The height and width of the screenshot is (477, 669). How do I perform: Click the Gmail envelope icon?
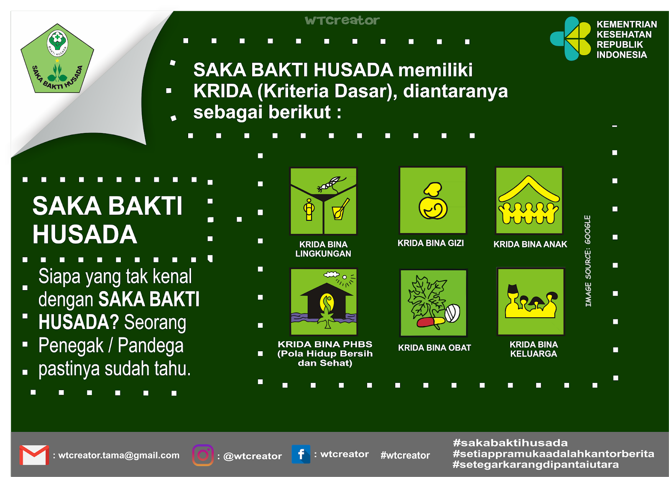(34, 455)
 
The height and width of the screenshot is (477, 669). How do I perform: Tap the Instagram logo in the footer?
(203, 455)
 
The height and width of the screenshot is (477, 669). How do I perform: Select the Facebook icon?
(301, 454)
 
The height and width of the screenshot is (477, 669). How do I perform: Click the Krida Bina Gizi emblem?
(433, 200)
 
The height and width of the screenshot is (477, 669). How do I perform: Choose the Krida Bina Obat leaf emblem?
(434, 303)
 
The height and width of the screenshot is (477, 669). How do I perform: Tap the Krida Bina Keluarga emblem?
(531, 301)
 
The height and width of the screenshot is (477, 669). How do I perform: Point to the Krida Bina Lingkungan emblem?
(323, 201)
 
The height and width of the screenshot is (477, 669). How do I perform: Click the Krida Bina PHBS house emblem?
(324, 301)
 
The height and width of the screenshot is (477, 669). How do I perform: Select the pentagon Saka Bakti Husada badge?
(57, 60)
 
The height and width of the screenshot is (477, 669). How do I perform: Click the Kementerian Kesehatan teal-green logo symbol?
(571, 38)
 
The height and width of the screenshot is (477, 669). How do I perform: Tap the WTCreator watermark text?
(342, 20)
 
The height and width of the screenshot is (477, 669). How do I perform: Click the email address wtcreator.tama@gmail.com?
(119, 455)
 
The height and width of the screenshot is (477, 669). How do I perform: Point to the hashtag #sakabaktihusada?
(510, 443)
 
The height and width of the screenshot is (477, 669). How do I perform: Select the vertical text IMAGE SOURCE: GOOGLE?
(588, 261)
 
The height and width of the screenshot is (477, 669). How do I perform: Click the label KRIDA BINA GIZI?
(431, 243)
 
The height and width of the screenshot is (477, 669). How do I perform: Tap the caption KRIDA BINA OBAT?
(434, 348)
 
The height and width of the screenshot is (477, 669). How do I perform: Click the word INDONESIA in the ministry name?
(621, 55)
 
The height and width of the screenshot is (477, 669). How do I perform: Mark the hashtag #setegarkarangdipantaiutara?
(536, 464)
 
